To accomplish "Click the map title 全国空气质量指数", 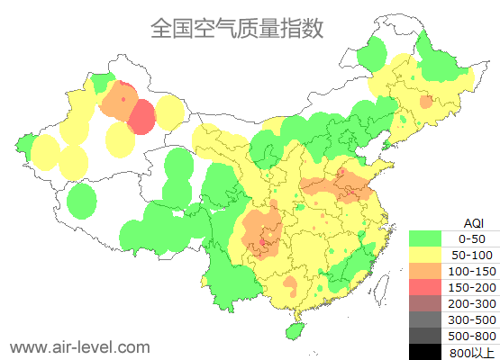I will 236,29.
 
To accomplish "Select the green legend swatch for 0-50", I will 425,238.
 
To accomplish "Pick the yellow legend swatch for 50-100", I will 425,255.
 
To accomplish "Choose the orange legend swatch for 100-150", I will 425,271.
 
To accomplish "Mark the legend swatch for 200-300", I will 425,303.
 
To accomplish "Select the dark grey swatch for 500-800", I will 425,336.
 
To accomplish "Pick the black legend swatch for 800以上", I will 425,351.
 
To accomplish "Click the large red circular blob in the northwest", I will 142,117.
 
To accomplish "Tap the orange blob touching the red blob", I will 117,103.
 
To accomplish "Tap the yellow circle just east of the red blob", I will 170,113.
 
